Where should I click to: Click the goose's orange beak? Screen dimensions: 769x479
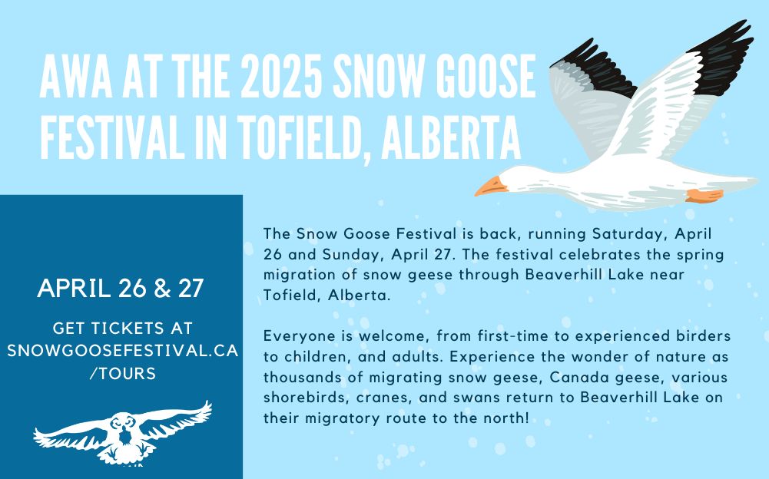point(490,187)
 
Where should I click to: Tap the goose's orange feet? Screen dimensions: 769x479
point(704,196)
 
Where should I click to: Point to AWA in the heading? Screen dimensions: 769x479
point(76,77)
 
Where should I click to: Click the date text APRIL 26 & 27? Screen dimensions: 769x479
point(121,289)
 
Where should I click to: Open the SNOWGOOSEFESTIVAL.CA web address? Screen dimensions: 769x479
point(123,351)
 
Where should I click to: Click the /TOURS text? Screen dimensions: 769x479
point(123,374)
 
